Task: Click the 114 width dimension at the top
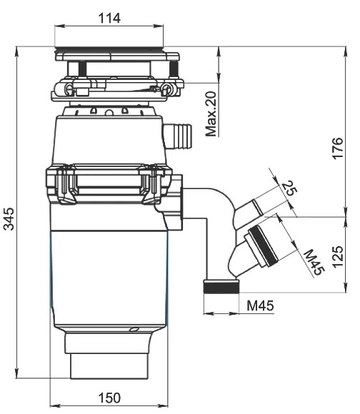tap(109, 19)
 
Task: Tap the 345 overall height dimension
tap(10, 219)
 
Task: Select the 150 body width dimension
tap(109, 398)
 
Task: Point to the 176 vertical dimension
tap(338, 148)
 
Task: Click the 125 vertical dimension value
tap(338, 257)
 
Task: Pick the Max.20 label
tap(211, 113)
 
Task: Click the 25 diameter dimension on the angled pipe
tap(289, 188)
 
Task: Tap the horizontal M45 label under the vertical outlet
tap(261, 306)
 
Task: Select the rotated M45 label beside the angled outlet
tap(314, 262)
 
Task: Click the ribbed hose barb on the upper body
tap(178, 136)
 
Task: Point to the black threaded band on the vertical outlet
tap(221, 287)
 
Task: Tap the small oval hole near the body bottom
tap(134, 329)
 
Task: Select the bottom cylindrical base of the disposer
tap(109, 365)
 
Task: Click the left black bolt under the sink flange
tap(83, 69)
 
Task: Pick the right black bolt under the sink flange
tap(174, 69)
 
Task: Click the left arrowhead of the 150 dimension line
tap(54, 405)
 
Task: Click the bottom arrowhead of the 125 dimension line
tap(345, 288)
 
